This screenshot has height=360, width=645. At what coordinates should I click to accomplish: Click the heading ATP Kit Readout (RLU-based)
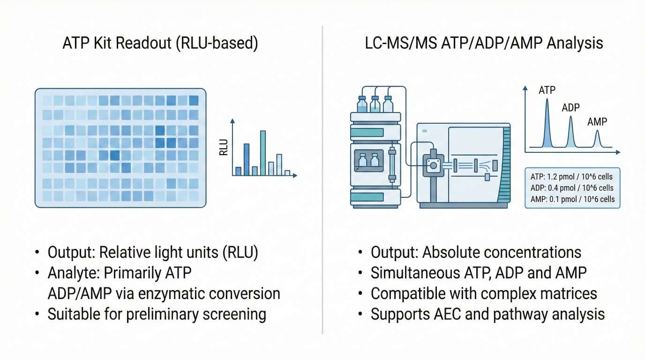(x=161, y=44)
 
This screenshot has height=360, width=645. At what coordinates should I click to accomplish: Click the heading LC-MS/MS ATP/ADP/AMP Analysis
(x=484, y=44)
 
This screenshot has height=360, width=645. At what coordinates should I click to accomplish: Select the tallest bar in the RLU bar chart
(x=263, y=153)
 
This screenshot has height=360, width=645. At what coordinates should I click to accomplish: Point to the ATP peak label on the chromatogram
(x=547, y=90)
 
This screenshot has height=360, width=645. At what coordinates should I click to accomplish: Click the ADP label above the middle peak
(x=570, y=108)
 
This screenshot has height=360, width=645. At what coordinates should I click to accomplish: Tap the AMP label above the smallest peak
(x=597, y=122)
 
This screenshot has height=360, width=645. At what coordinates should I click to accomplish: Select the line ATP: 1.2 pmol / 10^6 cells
(x=572, y=177)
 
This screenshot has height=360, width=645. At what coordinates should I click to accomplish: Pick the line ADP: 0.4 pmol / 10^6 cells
(x=572, y=188)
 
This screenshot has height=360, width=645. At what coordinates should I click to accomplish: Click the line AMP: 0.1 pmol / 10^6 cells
(x=572, y=199)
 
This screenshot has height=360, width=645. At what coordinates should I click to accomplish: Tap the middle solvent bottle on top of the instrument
(x=375, y=105)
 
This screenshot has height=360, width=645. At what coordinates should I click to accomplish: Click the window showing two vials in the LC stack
(x=368, y=161)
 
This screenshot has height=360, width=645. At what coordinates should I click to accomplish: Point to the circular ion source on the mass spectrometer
(x=433, y=165)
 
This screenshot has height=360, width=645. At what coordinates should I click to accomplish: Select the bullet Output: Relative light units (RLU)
(x=153, y=253)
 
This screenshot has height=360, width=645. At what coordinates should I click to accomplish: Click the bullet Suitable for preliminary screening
(x=157, y=314)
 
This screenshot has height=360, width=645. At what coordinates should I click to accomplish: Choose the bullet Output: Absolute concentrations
(x=476, y=253)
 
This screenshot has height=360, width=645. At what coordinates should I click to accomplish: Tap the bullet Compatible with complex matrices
(x=484, y=293)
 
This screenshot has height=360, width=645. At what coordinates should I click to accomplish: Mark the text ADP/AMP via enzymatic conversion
(x=164, y=293)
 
